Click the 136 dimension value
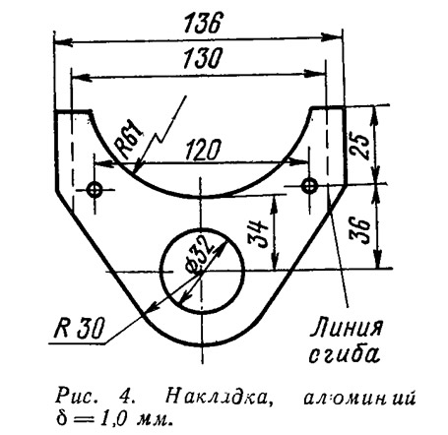click(x=201, y=23)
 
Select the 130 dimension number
click(x=203, y=59)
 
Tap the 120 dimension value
click(x=202, y=150)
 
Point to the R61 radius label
click(x=129, y=140)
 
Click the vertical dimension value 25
click(x=359, y=146)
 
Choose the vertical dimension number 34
click(x=258, y=234)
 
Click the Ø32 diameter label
click(x=198, y=254)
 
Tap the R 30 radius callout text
click(x=80, y=328)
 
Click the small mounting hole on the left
click(x=96, y=189)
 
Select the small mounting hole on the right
click(x=309, y=186)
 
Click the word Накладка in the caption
click(x=219, y=397)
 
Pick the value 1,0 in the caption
click(x=113, y=418)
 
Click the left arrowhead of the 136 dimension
click(x=63, y=41)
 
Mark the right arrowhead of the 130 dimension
click(x=314, y=74)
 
